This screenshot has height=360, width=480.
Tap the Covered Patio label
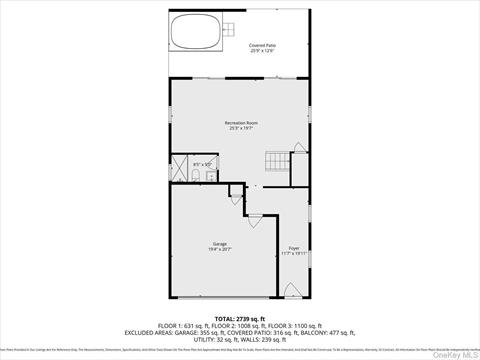263,46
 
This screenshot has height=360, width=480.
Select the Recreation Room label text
239,122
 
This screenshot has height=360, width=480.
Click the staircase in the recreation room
273,162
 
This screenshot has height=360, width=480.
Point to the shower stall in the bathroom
179,168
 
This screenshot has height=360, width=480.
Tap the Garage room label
220,244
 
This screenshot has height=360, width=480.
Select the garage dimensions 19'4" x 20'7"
220,250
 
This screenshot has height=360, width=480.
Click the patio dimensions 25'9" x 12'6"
263,52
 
